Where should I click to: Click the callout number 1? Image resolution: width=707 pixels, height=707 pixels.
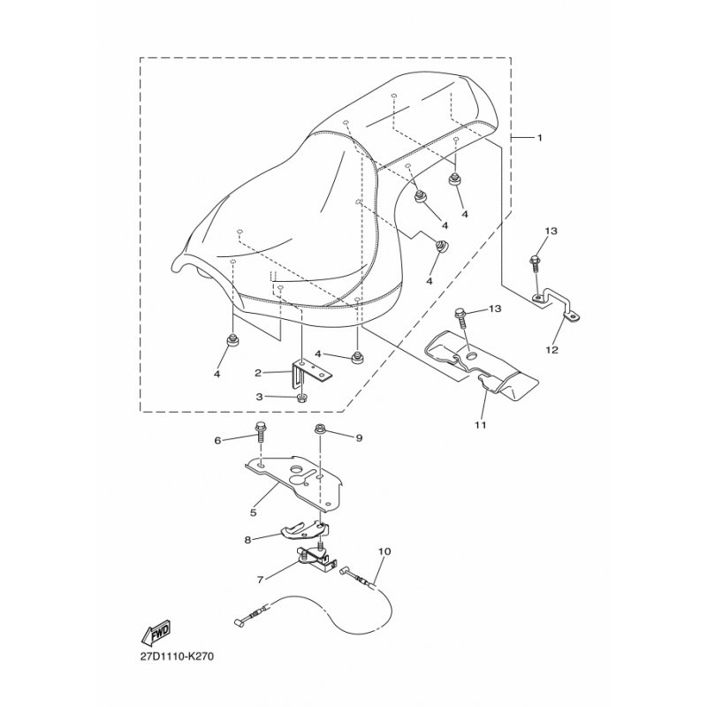point(540,138)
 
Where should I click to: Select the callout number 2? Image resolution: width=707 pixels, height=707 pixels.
point(258,373)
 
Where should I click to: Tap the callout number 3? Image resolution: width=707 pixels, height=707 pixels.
point(259,397)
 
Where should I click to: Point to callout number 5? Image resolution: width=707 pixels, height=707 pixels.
point(254,513)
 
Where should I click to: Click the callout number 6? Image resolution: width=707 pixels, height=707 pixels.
point(217,440)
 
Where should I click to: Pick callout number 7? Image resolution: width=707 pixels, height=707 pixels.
point(260,580)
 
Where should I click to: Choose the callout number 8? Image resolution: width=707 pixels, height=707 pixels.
point(247,539)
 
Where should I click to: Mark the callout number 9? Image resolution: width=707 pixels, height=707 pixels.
point(359,437)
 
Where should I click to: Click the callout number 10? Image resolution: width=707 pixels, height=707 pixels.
point(384,551)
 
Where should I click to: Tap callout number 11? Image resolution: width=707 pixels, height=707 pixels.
point(480,424)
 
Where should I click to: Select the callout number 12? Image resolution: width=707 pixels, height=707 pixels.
point(551,349)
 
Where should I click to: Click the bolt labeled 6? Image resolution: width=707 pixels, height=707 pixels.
point(261,433)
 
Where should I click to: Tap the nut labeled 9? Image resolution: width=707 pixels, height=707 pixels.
point(320,428)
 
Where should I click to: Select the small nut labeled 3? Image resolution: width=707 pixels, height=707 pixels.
point(301,398)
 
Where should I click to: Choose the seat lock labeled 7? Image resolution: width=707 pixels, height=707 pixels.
point(315,559)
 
